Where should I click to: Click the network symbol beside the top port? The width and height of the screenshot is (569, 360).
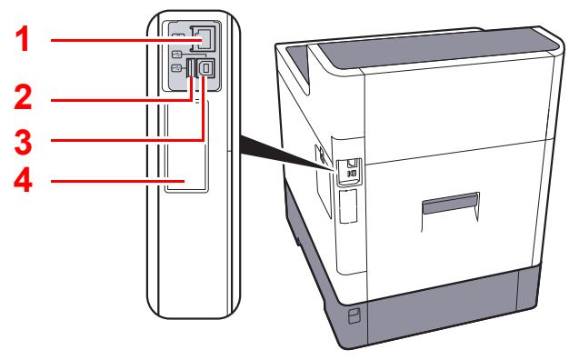[177, 37]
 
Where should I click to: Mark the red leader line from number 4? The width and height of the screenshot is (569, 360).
[109, 182]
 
